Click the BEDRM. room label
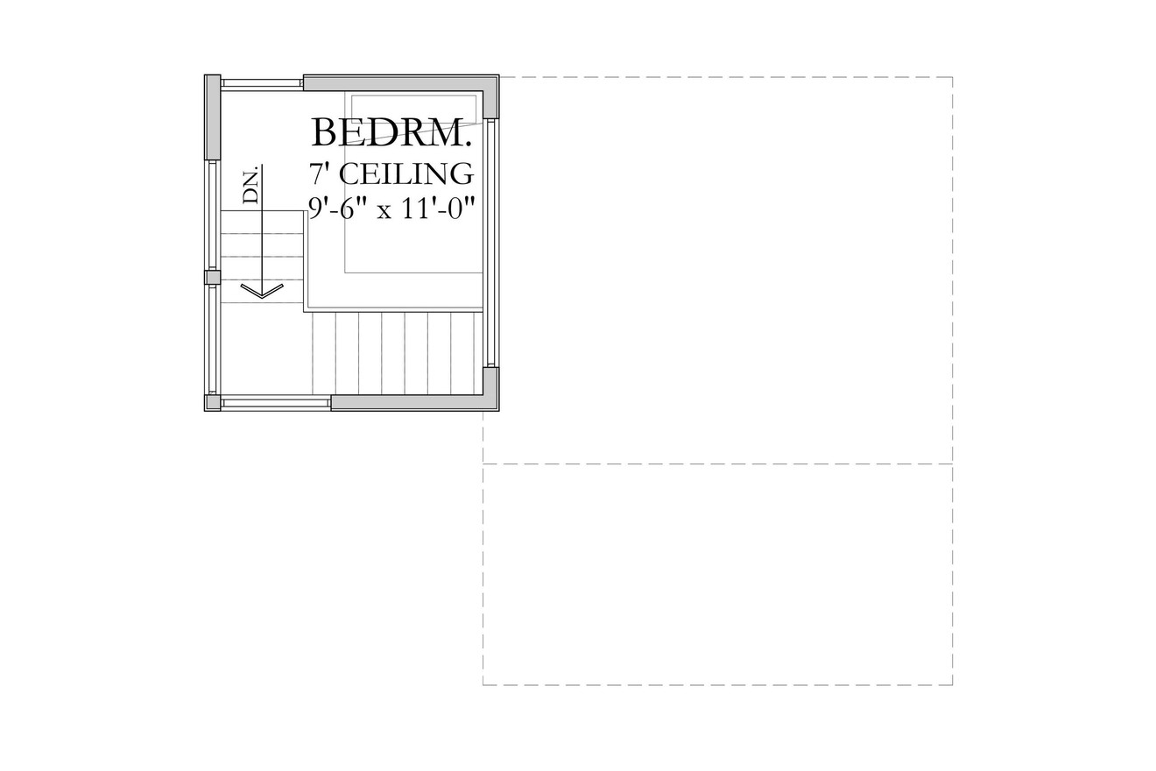(391, 133)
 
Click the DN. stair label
(251, 185)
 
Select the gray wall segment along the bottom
(408, 402)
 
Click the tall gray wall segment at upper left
(212, 117)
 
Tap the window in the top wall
(261, 83)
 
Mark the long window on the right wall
(491, 243)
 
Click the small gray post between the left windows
(212, 278)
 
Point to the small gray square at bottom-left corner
(212, 403)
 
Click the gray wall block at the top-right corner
(490, 97)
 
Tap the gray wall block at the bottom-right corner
(490, 387)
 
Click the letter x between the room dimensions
(384, 211)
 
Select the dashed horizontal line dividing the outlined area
(717, 463)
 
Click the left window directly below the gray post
(212, 339)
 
